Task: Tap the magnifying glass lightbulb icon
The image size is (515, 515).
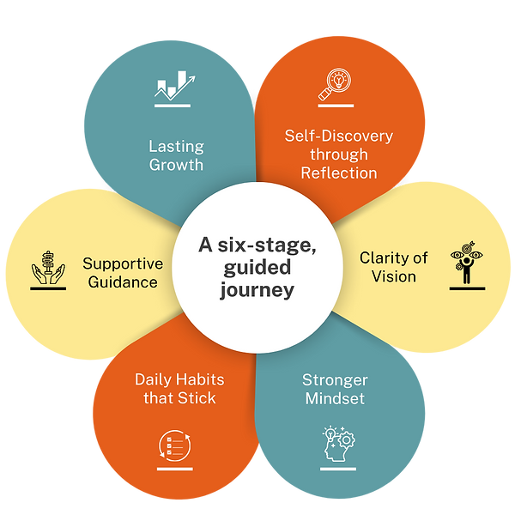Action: point(336,84)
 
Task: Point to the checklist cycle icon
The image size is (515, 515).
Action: point(175,446)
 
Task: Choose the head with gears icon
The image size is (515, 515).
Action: point(337,445)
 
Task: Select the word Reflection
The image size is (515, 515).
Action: point(339,173)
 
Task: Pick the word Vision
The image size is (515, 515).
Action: point(394,276)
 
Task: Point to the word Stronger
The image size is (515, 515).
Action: point(335,379)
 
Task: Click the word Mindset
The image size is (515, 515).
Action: point(334,398)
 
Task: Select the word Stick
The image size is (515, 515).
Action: point(198,398)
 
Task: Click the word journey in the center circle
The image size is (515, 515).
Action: point(257,290)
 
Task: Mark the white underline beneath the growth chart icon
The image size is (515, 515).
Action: point(175,107)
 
